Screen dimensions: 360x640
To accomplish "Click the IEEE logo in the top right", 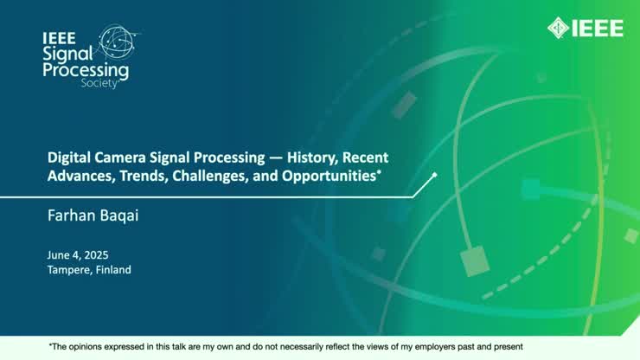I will [x=585, y=28].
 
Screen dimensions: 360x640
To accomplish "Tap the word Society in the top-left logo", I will [x=98, y=84].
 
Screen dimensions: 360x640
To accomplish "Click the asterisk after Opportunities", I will [x=379, y=172].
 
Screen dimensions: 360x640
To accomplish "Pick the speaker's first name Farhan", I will [x=69, y=212].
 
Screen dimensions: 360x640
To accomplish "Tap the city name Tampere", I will [x=70, y=270].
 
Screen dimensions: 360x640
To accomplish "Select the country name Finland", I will [x=114, y=270].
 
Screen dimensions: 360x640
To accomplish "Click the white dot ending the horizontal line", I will [x=434, y=175].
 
